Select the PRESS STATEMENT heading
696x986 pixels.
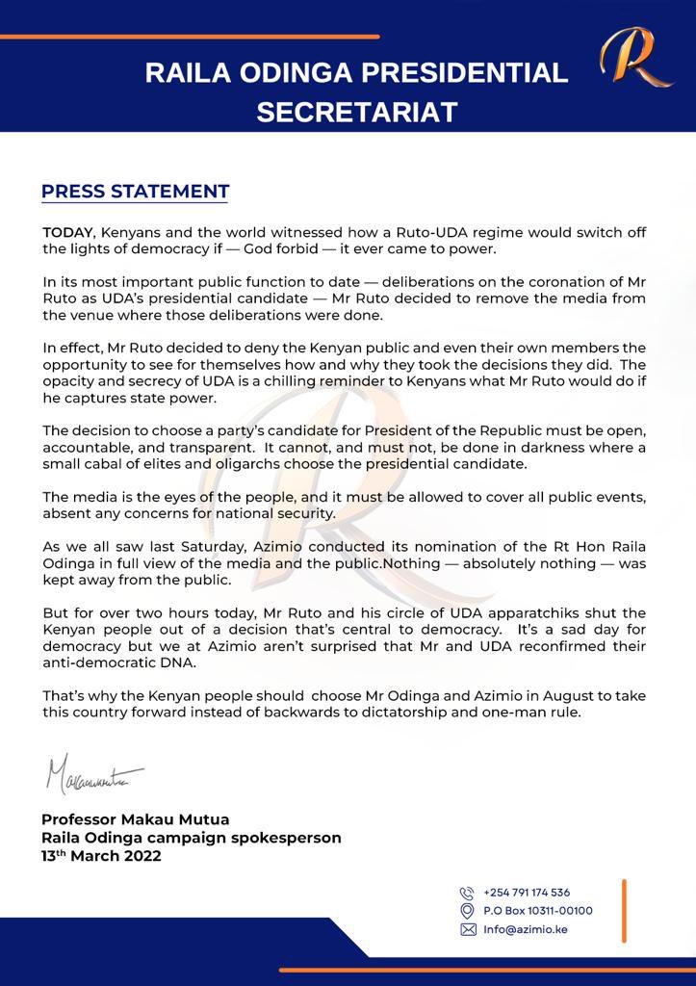tap(135, 191)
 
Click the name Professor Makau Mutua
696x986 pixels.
tap(135, 819)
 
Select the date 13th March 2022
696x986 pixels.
tap(101, 856)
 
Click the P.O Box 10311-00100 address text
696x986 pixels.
tap(538, 911)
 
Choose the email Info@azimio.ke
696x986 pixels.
tap(526, 929)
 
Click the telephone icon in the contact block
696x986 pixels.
tap(468, 893)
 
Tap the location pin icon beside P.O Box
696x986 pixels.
tap(468, 911)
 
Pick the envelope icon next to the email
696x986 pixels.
tap(468, 929)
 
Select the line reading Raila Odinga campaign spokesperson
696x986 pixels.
tap(191, 838)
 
